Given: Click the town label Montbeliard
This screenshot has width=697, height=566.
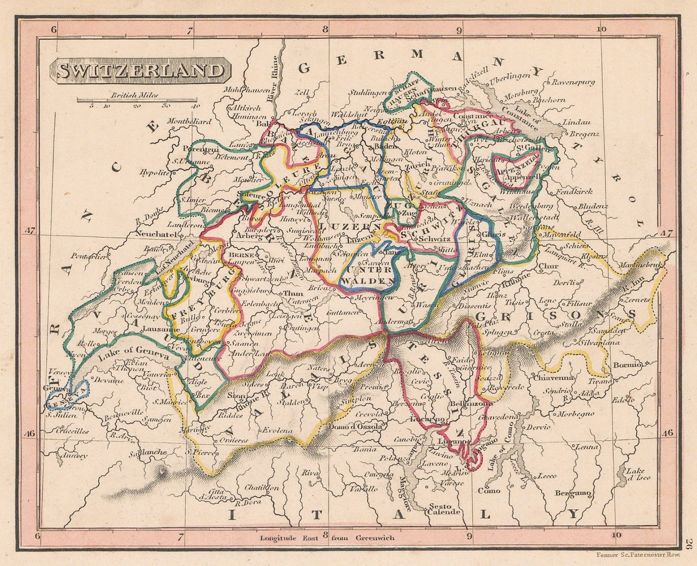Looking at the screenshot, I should pyautogui.click(x=189, y=122).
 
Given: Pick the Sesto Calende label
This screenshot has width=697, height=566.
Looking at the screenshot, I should pyautogui.click(x=443, y=508).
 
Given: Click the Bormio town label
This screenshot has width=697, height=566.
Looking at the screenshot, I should pyautogui.click(x=627, y=365).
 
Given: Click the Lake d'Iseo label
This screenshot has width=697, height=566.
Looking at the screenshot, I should pyautogui.click(x=638, y=474).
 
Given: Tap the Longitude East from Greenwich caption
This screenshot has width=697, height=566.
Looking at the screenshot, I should pyautogui.click(x=327, y=538).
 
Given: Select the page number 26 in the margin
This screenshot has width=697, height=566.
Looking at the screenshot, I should pyautogui.click(x=690, y=542).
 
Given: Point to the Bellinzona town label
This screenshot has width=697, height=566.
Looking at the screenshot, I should pyautogui.click(x=472, y=403).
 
